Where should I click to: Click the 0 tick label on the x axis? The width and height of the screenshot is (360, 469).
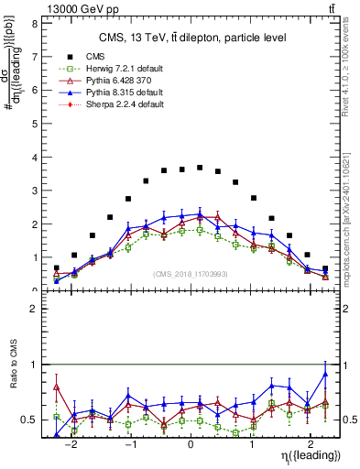tap(190, 439)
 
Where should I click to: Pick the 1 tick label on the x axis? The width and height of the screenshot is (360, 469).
tap(251, 439)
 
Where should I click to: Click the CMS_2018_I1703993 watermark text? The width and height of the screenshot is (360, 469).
tap(190, 274)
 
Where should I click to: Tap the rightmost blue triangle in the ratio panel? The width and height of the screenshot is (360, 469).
tap(325, 374)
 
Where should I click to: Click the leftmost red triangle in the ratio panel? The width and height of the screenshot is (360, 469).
tap(57, 387)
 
